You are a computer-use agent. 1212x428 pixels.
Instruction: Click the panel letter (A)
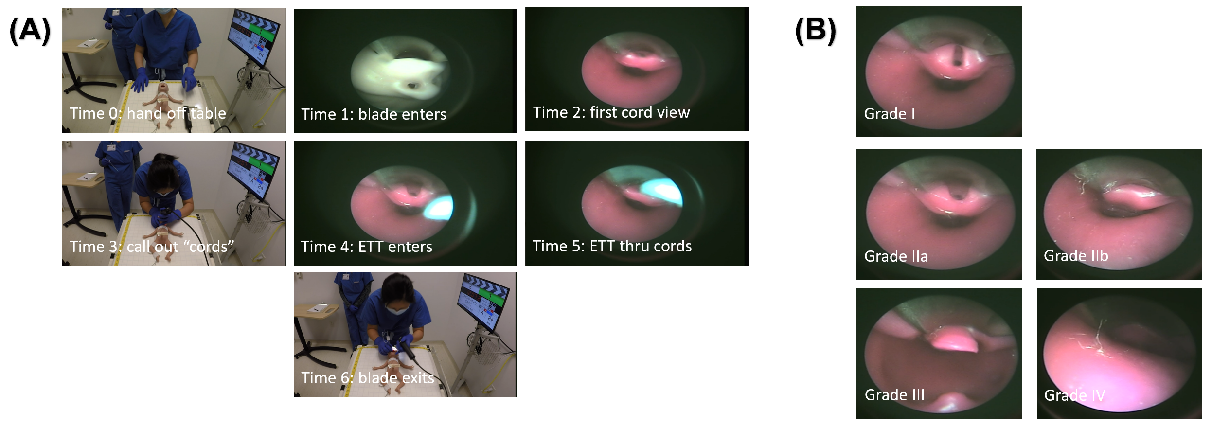(x=30, y=30)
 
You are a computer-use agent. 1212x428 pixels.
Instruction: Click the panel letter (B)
(x=816, y=30)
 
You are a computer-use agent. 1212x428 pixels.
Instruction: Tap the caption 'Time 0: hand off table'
(x=148, y=113)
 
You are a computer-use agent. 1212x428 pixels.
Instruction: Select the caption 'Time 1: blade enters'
(x=374, y=114)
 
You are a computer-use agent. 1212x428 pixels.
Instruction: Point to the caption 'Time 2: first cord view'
(x=611, y=112)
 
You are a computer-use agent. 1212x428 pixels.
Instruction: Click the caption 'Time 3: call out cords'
(x=152, y=247)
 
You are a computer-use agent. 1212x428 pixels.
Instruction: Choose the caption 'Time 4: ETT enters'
(x=366, y=247)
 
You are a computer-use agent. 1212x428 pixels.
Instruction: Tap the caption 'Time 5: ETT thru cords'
(x=612, y=246)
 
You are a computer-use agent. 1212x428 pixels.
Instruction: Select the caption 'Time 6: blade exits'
(x=367, y=378)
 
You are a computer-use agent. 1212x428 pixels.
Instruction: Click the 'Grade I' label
(x=890, y=114)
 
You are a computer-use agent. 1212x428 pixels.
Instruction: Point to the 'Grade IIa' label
(x=896, y=256)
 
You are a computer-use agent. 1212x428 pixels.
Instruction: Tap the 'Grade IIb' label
(x=1076, y=256)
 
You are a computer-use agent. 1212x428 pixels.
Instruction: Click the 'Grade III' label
(x=894, y=395)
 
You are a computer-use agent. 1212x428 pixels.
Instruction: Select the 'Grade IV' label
(x=1074, y=395)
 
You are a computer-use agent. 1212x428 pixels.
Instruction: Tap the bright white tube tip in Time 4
(x=439, y=207)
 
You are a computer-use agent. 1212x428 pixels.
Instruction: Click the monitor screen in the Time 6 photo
(x=484, y=297)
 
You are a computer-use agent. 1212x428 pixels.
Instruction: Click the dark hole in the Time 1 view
(x=411, y=86)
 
